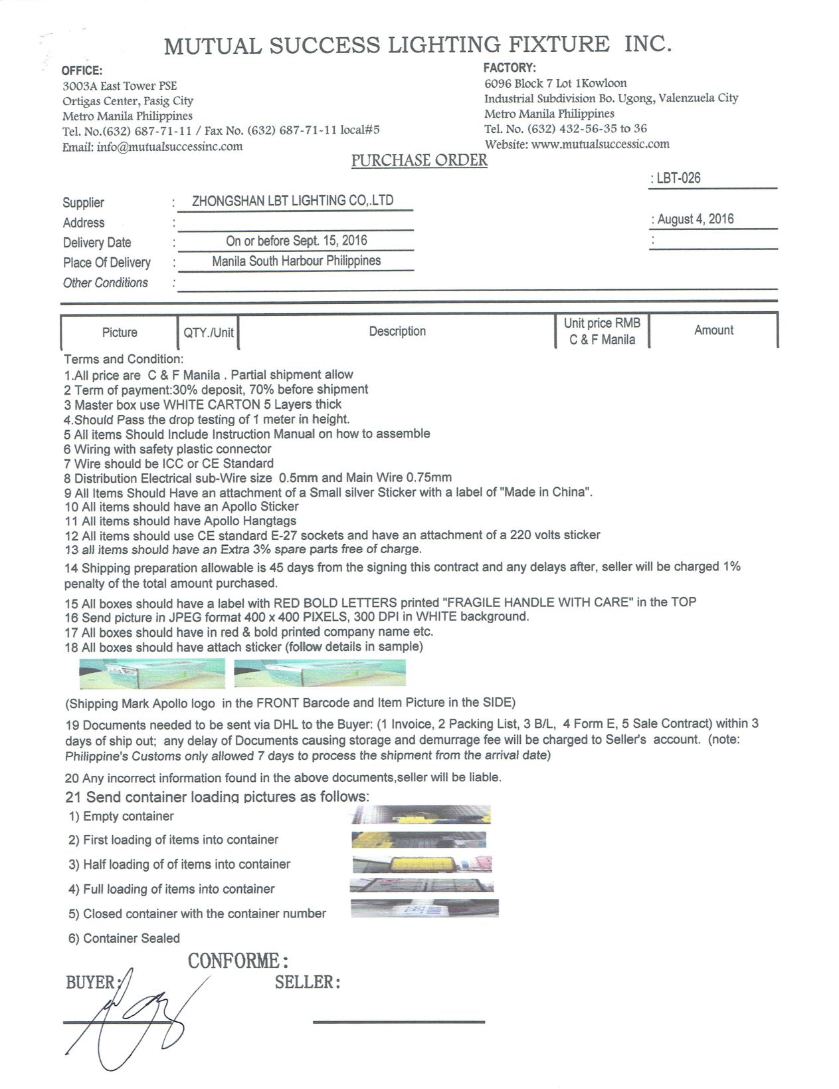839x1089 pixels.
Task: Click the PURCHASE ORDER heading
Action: pos(419,161)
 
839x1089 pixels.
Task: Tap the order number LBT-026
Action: pos(678,178)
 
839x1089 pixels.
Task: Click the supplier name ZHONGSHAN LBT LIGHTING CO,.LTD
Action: pos(292,201)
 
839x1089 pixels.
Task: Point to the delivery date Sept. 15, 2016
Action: pos(296,241)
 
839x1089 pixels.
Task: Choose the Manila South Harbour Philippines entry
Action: pos(296,261)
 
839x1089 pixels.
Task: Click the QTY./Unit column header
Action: pos(209,332)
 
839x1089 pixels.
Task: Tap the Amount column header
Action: pos(713,330)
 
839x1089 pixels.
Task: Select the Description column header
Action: pos(397,331)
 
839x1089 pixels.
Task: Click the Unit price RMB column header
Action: pos(602,331)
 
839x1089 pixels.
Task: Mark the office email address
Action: pos(169,146)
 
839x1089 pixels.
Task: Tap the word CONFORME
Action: pos(237,961)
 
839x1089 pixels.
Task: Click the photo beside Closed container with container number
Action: pos(424,908)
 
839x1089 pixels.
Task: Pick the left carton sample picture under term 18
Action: pos(152,673)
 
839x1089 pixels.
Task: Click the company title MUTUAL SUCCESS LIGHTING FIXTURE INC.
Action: pos(418,45)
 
